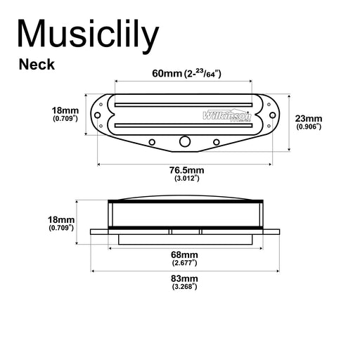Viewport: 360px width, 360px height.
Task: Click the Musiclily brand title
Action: pos(89,35)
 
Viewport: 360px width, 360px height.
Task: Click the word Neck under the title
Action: pos(37,65)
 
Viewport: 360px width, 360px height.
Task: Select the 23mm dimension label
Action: pos(309,118)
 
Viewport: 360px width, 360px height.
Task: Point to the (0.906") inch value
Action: pos(309,127)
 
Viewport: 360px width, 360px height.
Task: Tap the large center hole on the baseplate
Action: pos(184,141)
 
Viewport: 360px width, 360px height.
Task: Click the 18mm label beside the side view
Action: pos(62,220)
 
